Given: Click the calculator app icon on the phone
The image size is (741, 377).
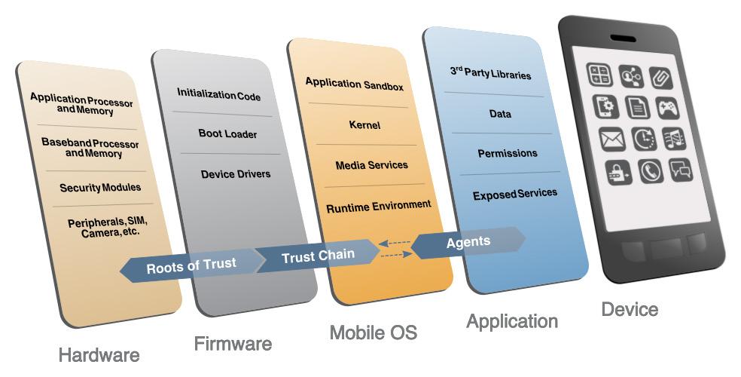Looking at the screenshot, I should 599,74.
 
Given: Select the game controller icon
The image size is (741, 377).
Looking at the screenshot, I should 666,109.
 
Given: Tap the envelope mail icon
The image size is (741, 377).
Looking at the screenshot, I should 611,139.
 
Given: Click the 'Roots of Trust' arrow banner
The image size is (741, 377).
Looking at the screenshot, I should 191,265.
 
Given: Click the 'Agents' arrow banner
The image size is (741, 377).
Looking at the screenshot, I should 468,242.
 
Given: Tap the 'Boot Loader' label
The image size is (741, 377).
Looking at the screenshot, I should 227,134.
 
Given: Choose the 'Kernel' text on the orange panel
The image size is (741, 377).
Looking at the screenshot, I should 364,125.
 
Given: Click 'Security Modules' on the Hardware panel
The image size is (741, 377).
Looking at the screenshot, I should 100,188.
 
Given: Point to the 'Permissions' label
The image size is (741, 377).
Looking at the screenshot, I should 508,154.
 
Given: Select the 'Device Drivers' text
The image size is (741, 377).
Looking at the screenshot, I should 235,174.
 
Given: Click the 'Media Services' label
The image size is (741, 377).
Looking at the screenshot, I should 371,165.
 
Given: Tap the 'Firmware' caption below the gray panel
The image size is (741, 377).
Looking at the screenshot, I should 233,345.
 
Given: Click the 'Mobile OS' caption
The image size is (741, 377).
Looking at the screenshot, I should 373,333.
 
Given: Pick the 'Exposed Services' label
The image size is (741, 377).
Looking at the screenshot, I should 515,195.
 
